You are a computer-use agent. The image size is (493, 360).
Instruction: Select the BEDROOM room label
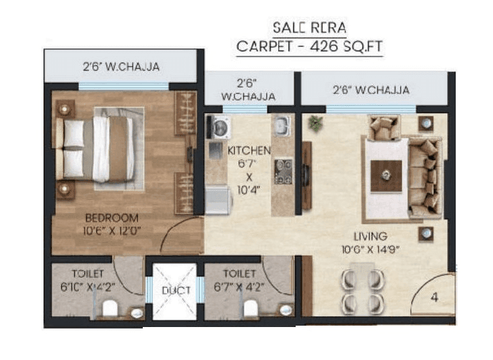point(112,218)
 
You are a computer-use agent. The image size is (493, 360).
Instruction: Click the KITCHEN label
point(249,149)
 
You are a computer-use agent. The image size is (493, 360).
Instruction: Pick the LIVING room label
point(372,236)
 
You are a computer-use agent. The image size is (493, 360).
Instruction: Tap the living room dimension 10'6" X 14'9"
point(371,249)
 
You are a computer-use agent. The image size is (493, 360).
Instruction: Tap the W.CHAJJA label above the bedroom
point(121,67)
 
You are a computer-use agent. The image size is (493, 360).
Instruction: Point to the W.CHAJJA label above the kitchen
point(248,91)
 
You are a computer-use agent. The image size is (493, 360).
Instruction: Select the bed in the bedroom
point(101,148)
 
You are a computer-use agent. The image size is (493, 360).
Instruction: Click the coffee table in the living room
point(386,176)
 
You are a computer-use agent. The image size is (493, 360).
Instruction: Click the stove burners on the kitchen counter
point(282,171)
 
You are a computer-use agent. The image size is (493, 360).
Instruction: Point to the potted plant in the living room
point(315,123)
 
